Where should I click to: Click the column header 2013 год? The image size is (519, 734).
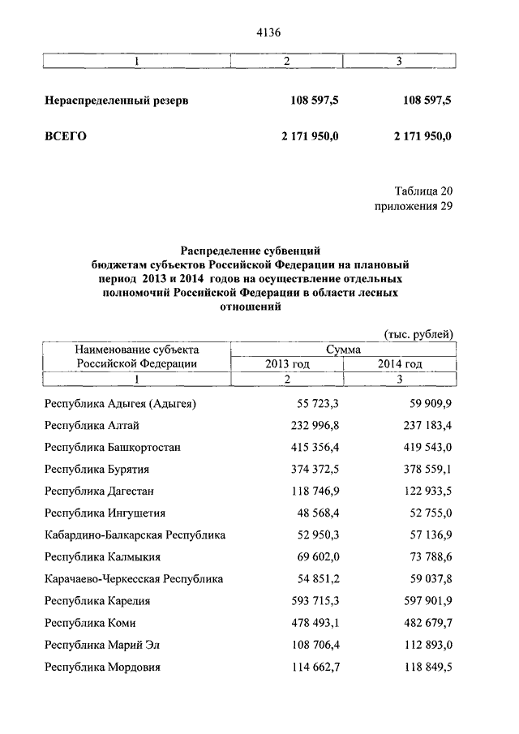287,364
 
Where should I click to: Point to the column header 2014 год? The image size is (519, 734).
400,364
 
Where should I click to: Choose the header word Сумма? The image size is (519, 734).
344,349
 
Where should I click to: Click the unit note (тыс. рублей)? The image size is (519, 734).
416,334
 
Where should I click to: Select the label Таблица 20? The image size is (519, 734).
423,191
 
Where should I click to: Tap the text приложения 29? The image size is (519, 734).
414,206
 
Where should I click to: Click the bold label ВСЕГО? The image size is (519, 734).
65,135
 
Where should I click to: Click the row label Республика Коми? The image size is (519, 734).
90,623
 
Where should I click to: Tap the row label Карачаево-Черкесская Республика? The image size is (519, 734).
134,579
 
